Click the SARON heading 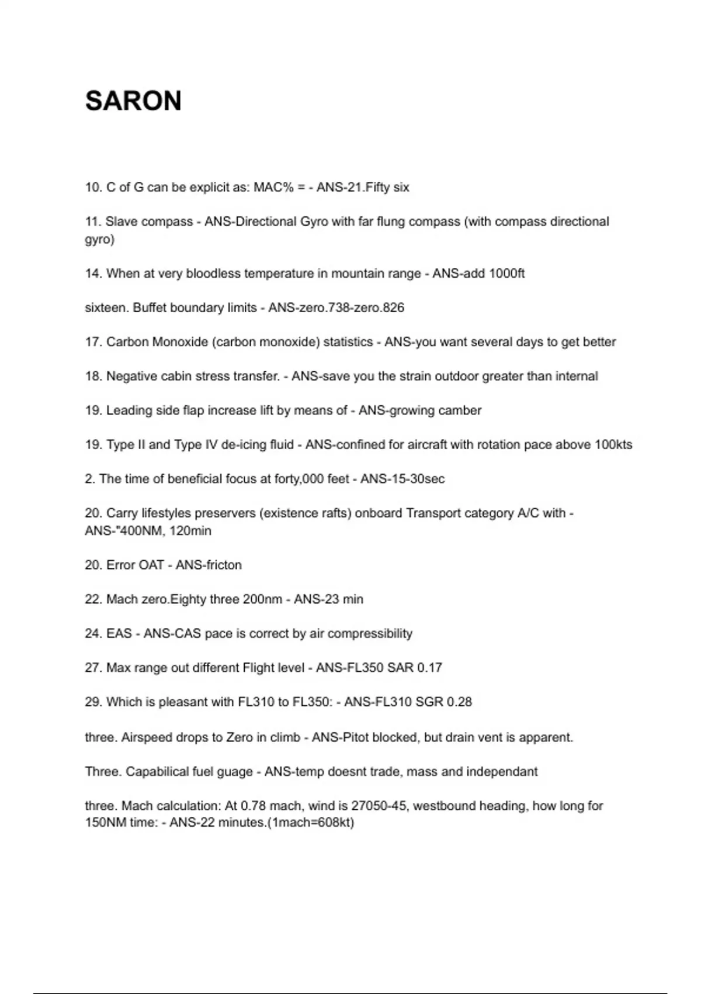click(133, 101)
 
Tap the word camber click(462, 410)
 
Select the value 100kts click(613, 445)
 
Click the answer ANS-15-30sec click(402, 479)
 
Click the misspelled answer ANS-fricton click(209, 565)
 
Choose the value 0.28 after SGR click(459, 702)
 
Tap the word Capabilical click(157, 772)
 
